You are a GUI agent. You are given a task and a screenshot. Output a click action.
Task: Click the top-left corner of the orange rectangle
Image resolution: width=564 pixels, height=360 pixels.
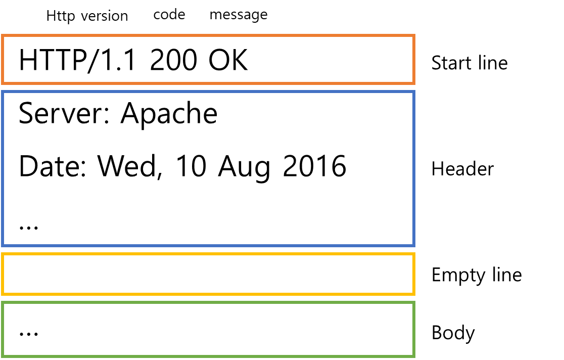(3, 35)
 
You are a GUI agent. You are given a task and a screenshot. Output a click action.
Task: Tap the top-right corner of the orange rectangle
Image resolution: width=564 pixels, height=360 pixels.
(414, 35)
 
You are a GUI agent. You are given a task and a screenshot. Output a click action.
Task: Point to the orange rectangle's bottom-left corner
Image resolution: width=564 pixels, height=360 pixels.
(3, 83)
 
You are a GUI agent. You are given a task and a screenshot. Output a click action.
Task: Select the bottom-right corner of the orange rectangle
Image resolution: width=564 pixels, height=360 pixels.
(414, 83)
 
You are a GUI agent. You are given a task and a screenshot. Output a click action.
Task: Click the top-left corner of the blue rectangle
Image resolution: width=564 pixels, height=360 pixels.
(3, 92)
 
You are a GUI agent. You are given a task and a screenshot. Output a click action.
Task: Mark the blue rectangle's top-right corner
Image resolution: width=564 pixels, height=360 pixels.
(414, 92)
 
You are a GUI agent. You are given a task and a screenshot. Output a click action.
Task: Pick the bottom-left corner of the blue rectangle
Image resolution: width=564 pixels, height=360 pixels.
(3, 246)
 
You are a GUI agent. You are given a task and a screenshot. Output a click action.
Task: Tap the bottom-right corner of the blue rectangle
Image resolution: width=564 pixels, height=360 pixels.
(414, 246)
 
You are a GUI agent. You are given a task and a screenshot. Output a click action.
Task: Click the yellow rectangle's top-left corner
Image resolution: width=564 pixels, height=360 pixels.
(3, 254)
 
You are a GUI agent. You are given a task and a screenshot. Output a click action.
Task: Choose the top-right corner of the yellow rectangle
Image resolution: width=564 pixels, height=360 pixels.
(414, 254)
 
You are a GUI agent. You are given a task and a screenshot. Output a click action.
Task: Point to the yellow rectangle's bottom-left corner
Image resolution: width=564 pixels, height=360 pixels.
(3, 294)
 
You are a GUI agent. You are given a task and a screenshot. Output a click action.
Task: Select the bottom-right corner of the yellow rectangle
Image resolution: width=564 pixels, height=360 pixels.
(414, 294)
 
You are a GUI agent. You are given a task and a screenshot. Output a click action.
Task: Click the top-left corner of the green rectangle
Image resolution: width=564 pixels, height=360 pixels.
(3, 302)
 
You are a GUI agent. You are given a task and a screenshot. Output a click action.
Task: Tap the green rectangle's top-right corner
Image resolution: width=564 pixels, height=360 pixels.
(414, 302)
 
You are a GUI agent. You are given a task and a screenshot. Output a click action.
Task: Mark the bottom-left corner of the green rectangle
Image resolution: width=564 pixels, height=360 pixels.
(3, 356)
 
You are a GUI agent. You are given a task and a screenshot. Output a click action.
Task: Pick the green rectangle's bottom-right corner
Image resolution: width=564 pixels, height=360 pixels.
(414, 356)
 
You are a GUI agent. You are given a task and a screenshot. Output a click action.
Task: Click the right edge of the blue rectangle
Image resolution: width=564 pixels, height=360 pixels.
(414, 169)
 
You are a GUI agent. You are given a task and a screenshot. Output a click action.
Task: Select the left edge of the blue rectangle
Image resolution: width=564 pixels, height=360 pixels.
(3, 169)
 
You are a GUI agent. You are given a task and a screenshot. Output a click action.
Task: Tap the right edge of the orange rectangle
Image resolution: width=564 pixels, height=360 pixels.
(414, 59)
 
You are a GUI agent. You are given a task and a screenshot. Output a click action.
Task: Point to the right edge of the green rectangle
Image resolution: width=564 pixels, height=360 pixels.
(414, 329)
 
